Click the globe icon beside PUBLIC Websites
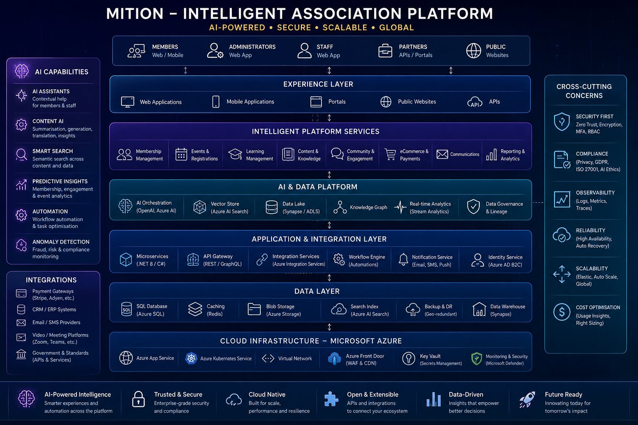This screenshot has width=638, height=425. click(474, 51)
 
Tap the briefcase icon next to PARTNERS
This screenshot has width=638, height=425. click(385, 51)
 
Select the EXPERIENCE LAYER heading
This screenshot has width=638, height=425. click(318, 84)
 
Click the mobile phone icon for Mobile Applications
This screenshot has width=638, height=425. click(216, 102)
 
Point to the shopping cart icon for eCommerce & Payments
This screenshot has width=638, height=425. click(390, 154)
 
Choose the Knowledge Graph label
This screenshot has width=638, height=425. click(368, 207)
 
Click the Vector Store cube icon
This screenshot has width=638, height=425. click(200, 207)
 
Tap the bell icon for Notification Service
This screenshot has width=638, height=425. click(403, 260)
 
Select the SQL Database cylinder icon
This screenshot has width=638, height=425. click(126, 309)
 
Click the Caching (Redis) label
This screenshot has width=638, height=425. click(216, 310)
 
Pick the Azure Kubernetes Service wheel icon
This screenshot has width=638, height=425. click(191, 359)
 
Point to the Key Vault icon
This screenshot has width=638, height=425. click(409, 359)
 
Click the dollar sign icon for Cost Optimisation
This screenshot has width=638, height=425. click(562, 312)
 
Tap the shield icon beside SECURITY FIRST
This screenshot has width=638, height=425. click(562, 122)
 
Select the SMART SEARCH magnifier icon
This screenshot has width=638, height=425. click(21, 154)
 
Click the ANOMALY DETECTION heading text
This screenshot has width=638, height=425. click(61, 242)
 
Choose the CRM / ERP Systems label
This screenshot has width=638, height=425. click(54, 310)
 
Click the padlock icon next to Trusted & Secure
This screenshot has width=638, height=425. click(138, 399)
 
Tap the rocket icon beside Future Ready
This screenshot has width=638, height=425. click(527, 399)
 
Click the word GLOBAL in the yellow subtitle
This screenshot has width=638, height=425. click(397, 28)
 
